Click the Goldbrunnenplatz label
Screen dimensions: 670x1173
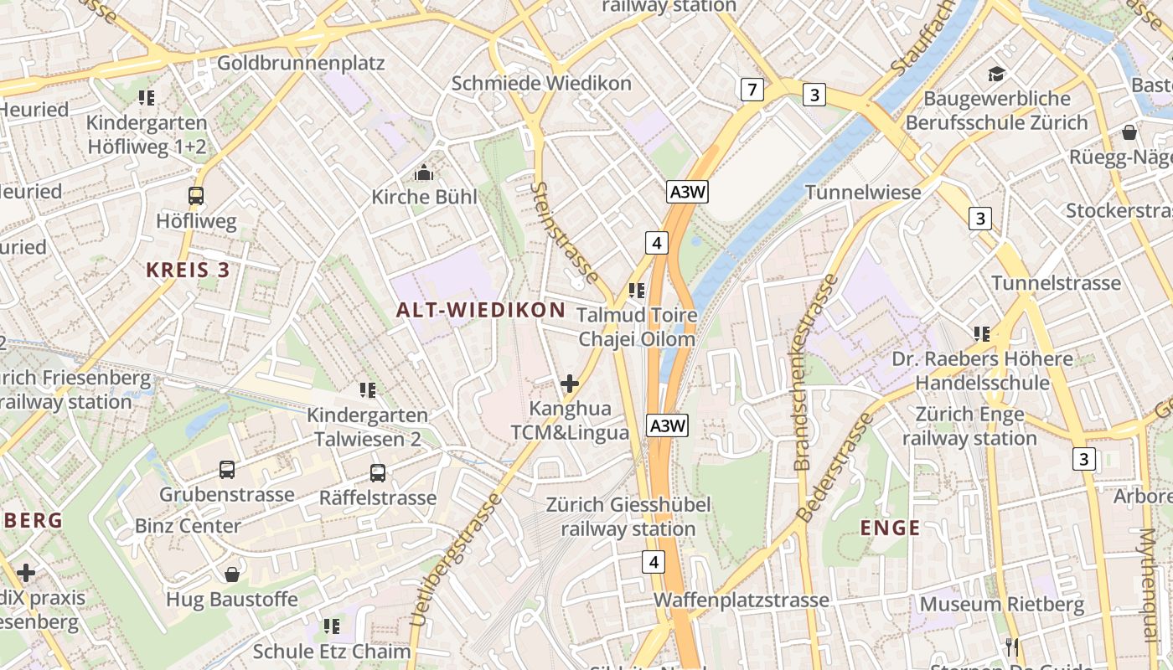(300, 63)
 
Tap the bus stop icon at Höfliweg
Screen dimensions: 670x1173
(196, 196)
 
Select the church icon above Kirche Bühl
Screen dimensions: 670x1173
(424, 173)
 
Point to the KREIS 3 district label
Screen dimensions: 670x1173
(188, 270)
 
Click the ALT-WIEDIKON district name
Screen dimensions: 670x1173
(481, 310)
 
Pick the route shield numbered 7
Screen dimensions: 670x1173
(752, 89)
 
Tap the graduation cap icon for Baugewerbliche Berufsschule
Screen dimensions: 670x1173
(996, 75)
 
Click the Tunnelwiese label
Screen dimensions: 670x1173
(863, 193)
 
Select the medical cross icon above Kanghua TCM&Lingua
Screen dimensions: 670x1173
(570, 384)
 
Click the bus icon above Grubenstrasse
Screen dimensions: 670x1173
(227, 470)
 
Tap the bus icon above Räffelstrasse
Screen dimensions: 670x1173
(378, 473)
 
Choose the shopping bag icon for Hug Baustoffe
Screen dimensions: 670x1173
(232, 575)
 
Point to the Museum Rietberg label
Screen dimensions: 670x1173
(1002, 604)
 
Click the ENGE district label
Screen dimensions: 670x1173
(891, 528)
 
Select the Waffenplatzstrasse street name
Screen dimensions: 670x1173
(742, 600)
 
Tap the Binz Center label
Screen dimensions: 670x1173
(188, 526)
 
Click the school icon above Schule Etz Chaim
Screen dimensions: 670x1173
(332, 626)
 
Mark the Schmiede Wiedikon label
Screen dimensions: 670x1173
(541, 84)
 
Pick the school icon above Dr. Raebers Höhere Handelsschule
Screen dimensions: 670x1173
(981, 334)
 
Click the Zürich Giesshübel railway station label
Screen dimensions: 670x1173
(628, 517)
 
